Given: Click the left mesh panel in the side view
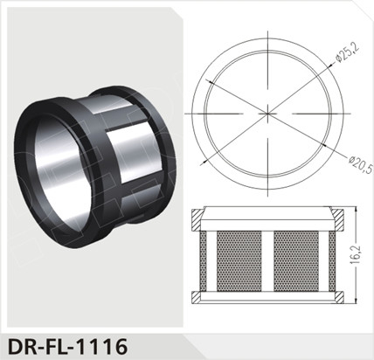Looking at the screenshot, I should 234,260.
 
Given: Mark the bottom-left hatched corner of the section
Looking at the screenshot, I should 202,294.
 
